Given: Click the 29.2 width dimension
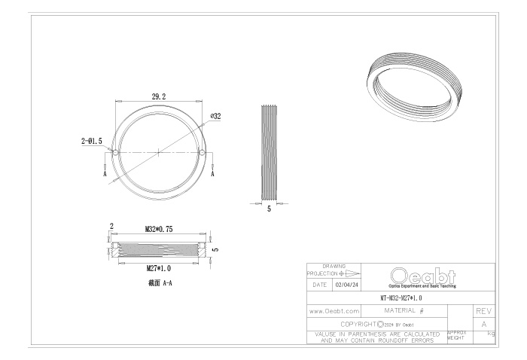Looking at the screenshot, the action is point(159,97).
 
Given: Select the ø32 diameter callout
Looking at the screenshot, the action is point(216,116).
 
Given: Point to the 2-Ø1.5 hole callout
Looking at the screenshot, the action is point(91,141).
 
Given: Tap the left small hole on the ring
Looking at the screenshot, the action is point(115,153).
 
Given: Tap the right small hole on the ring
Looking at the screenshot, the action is point(202,153).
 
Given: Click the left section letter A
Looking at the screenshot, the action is point(105,174).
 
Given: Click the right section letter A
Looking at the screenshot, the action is point(212,174).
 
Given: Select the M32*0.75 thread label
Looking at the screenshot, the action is point(159,229).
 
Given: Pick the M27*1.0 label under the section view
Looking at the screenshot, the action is point(159,268).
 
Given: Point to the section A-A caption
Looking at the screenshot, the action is point(160,283).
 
